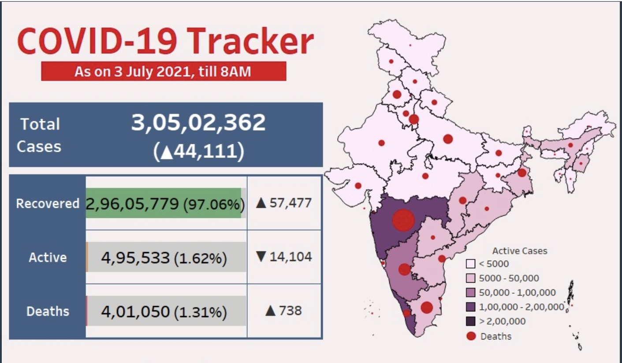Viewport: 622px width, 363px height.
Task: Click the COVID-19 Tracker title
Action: click(165, 42)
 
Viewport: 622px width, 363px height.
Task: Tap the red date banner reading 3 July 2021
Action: click(163, 71)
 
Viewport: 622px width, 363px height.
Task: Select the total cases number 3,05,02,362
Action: click(198, 122)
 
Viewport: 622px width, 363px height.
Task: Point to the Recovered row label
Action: click(48, 204)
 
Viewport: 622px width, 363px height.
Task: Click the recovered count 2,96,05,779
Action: click(132, 204)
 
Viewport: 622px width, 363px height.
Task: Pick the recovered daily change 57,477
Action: click(284, 203)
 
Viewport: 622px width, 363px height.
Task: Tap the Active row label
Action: click(48, 257)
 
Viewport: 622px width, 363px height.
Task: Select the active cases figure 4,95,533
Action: click(135, 258)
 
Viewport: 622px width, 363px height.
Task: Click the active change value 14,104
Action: click(284, 256)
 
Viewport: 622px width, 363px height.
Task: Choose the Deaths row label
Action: click(48, 311)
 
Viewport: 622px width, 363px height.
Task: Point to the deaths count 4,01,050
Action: click(135, 312)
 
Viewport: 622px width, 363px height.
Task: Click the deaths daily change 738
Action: click(284, 311)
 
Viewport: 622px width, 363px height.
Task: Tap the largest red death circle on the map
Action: click(404, 220)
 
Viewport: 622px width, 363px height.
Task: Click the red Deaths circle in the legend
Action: click(471, 336)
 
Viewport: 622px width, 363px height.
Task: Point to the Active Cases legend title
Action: click(519, 251)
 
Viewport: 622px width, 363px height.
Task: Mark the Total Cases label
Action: click(39, 135)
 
